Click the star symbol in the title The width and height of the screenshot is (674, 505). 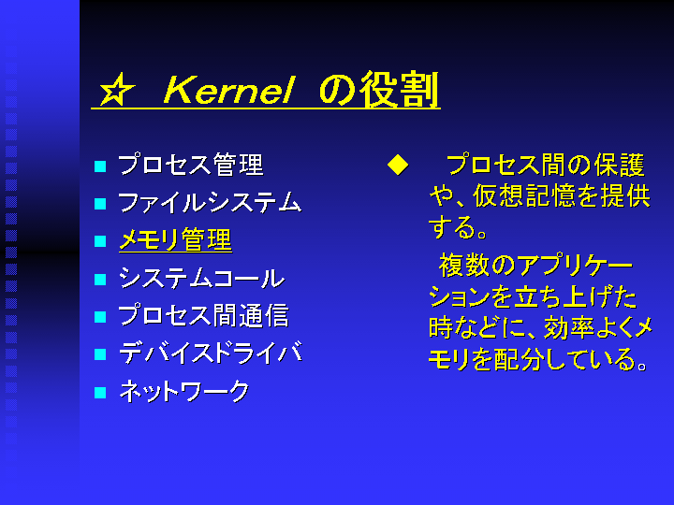click(116, 90)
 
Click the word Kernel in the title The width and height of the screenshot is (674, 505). click(228, 90)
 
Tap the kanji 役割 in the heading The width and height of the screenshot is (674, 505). click(399, 90)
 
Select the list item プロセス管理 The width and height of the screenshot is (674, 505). click(190, 165)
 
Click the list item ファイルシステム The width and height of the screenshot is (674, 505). click(210, 202)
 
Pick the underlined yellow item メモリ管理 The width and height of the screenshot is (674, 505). click(175, 240)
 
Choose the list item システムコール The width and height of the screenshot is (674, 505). click(201, 278)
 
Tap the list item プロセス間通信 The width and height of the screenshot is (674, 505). click(203, 316)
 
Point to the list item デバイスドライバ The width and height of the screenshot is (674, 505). click(211, 353)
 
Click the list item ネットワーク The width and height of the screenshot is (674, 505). click(184, 391)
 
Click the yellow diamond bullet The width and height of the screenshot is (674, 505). click(398, 165)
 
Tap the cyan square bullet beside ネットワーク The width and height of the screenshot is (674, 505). click(100, 393)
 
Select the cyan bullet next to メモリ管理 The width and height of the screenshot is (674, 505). click(100, 241)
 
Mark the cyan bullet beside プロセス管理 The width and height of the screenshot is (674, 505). click(100, 166)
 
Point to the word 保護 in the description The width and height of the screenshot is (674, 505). click(620, 166)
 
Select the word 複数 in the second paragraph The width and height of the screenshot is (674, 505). click(464, 266)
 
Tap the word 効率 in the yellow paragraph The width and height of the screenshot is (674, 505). click(569, 328)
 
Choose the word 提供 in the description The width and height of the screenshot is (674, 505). click(625, 196)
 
